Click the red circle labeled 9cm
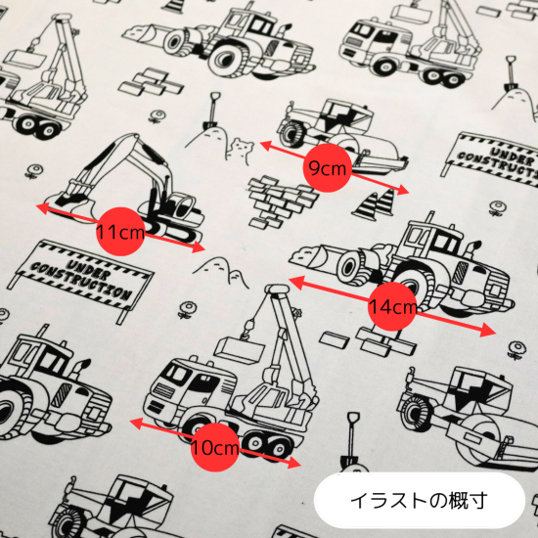pyautogui.click(x=328, y=168)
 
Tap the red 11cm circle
pyautogui.click(x=120, y=232)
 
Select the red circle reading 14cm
pyautogui.click(x=392, y=306)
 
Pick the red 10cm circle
pyautogui.click(x=215, y=447)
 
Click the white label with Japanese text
pyautogui.click(x=420, y=500)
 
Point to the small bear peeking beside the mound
pyautogui.click(x=242, y=150)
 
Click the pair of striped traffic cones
pyautogui.click(x=376, y=204)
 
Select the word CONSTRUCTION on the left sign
pyautogui.click(x=79, y=281)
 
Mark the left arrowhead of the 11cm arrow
pyautogui.click(x=45, y=208)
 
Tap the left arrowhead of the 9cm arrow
pyautogui.click(x=268, y=146)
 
